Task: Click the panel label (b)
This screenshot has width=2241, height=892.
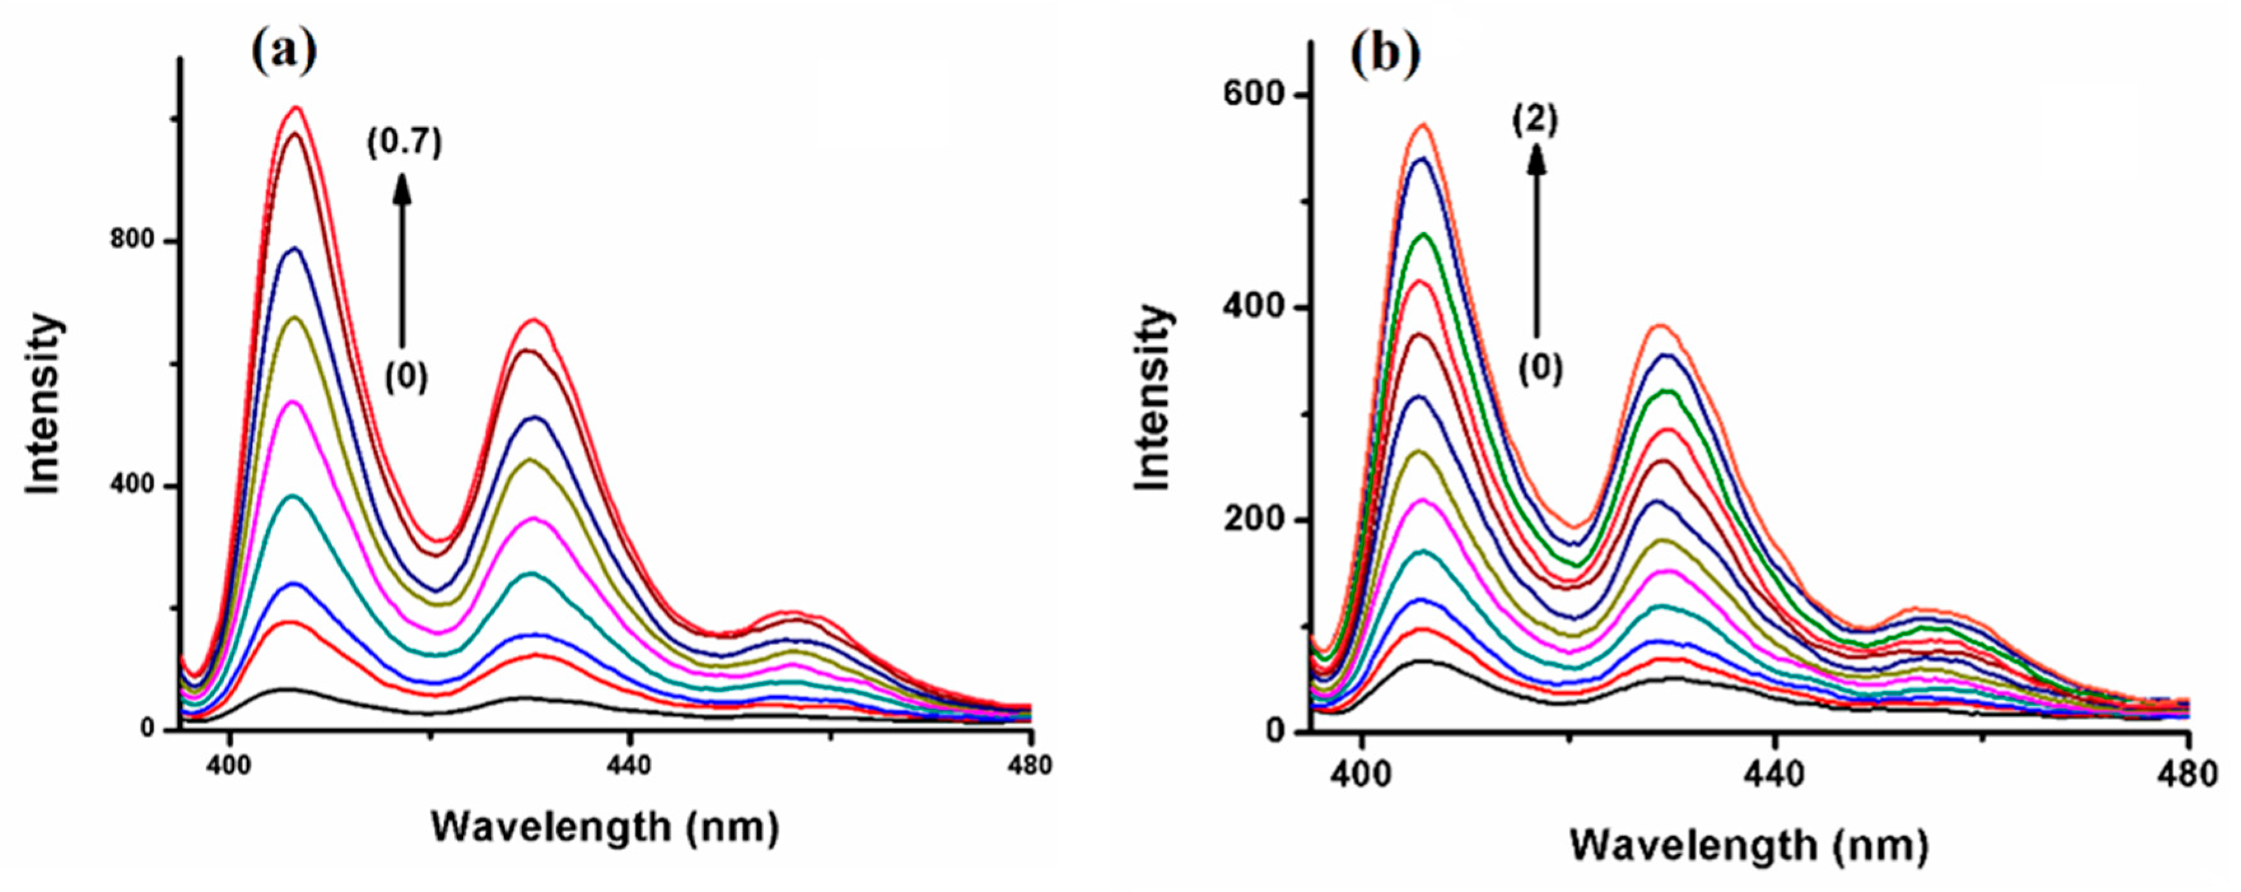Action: [1386, 54]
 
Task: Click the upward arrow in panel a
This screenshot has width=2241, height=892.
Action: [402, 261]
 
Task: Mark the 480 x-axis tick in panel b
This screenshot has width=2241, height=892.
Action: [2188, 773]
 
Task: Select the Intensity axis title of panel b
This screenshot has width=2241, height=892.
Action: [1154, 398]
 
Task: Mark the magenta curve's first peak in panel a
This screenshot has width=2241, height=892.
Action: [294, 402]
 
